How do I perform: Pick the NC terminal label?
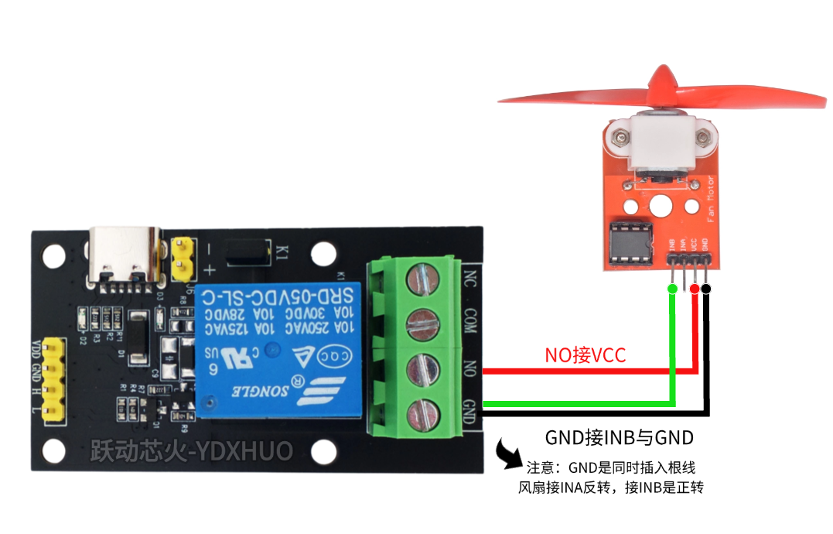click(469, 276)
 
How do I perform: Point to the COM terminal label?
click(469, 320)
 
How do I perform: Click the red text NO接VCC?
click(585, 355)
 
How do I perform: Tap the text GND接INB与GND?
click(619, 437)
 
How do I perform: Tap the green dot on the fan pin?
click(671, 289)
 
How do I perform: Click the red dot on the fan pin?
click(695, 289)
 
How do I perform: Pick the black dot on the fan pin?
click(706, 289)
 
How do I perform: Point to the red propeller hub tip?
click(664, 78)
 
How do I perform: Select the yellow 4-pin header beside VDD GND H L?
click(54, 379)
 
